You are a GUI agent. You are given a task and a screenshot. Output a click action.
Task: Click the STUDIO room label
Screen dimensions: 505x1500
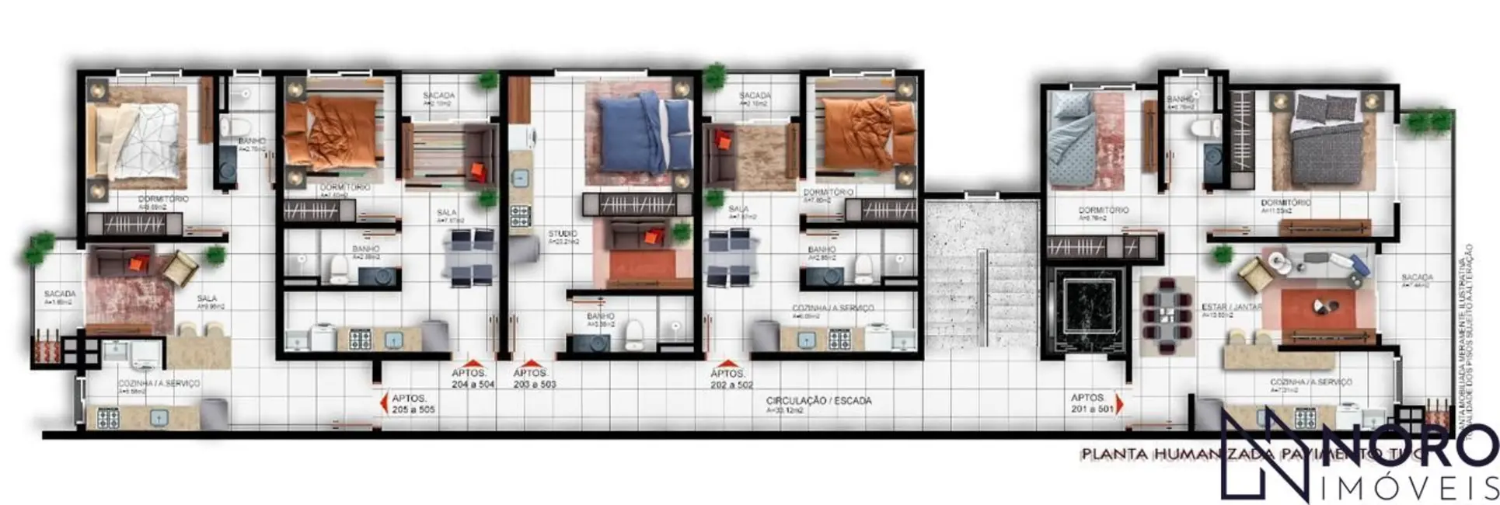(x=562, y=234)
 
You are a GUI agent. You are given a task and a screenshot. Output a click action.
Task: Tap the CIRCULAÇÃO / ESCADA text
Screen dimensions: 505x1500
(x=818, y=401)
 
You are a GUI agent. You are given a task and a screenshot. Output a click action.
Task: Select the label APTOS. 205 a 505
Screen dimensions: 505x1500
(x=413, y=403)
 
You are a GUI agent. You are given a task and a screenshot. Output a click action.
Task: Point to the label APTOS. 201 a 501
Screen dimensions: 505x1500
(x=1092, y=403)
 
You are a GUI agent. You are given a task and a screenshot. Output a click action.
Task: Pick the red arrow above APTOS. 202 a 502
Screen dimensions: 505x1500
(x=727, y=363)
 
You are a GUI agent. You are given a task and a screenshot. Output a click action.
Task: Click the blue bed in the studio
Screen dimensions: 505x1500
(x=644, y=132)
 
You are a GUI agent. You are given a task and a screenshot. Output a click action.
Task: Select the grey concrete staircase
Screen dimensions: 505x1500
(x=982, y=272)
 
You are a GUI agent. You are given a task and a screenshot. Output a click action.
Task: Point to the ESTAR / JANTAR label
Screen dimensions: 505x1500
(x=1231, y=308)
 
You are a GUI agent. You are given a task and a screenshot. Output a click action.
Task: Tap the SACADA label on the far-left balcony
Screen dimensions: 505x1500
(x=60, y=294)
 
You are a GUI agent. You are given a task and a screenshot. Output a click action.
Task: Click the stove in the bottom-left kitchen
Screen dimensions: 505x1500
(x=107, y=419)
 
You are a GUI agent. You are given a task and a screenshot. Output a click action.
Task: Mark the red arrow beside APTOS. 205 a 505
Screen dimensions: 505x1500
(x=382, y=402)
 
